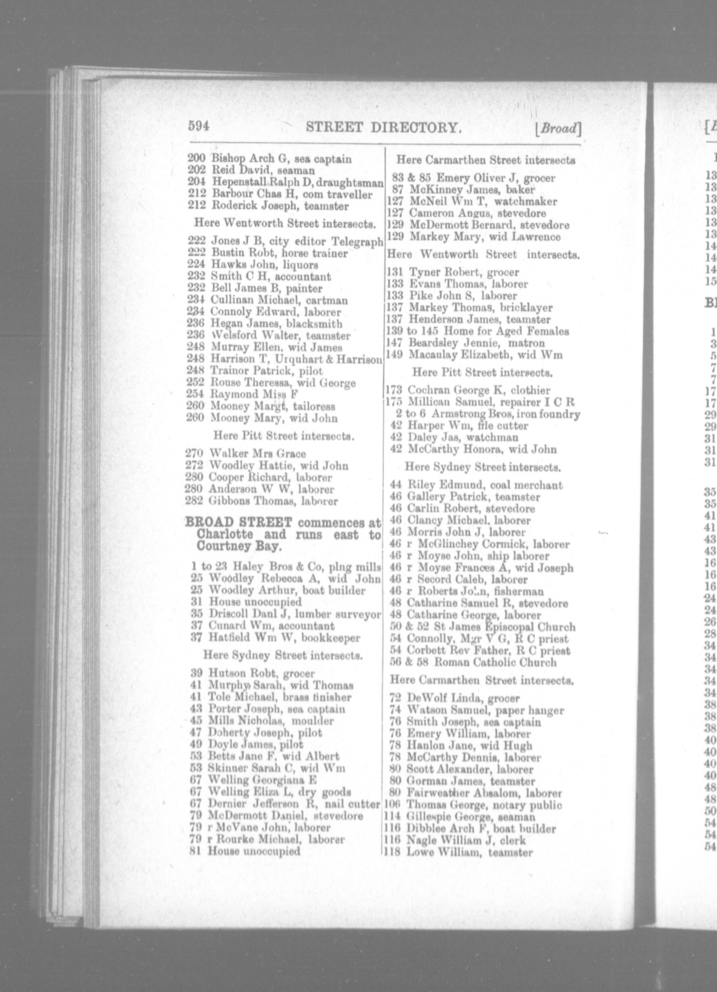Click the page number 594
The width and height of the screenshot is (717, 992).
coord(199,126)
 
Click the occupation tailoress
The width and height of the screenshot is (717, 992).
coord(314,406)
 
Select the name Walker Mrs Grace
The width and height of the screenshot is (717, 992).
coord(257,454)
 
